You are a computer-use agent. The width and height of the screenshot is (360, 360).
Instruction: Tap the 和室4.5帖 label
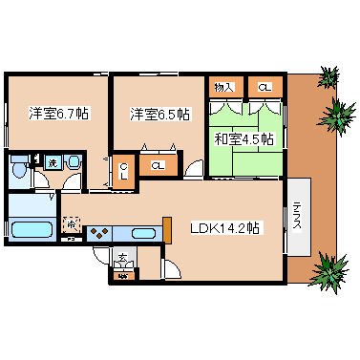(244, 139)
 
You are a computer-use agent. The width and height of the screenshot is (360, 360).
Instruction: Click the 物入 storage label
(223, 88)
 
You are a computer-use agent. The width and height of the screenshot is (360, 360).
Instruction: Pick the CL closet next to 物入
(264, 88)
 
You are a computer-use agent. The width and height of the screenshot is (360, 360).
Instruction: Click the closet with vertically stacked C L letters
(124, 174)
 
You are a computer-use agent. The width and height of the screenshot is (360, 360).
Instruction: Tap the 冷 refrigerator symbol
(73, 225)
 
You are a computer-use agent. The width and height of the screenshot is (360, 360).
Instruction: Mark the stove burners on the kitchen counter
(98, 232)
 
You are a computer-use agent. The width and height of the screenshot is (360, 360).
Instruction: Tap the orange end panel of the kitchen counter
(166, 230)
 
